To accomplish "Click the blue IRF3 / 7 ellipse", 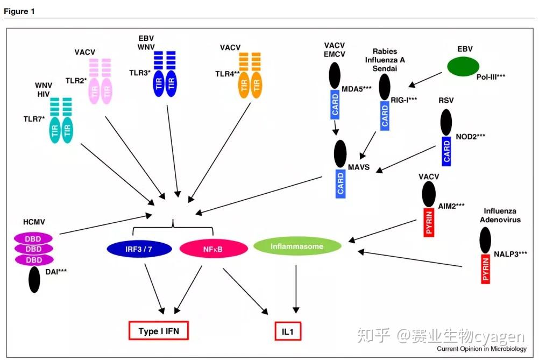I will tap(139, 248).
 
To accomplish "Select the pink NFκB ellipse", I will tap(213, 248).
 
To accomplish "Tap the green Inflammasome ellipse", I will tap(297, 246).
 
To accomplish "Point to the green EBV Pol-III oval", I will tap(463, 67).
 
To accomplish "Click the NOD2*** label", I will tap(469, 137).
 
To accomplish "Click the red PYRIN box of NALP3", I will tap(485, 269).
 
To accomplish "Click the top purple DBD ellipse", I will tap(33, 238).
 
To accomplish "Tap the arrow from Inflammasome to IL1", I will tap(296, 288).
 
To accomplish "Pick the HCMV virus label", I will tap(33, 221).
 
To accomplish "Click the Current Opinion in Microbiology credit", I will tap(481, 349).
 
